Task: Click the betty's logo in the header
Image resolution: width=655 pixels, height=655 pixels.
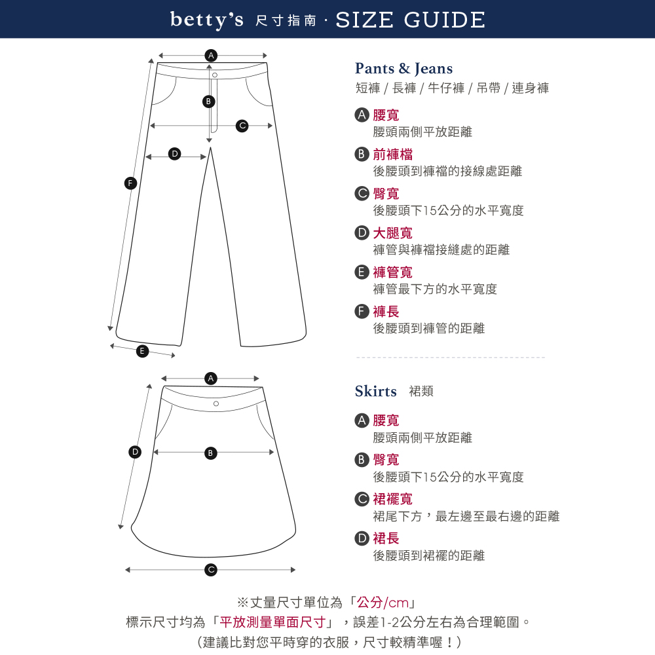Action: pyautogui.click(x=206, y=20)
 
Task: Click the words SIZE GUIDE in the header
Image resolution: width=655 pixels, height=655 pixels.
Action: pyautogui.click(x=410, y=20)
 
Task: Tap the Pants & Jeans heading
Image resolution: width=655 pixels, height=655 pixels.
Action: pyautogui.click(x=403, y=68)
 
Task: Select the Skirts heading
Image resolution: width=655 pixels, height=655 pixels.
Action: pyautogui.click(x=375, y=391)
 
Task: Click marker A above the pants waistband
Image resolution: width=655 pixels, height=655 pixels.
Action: pyautogui.click(x=211, y=55)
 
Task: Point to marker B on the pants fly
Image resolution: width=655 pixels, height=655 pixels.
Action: pyautogui.click(x=208, y=101)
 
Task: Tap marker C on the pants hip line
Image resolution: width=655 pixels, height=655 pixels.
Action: pyautogui.click(x=242, y=126)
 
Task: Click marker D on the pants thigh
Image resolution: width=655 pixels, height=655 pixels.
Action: pyautogui.click(x=175, y=154)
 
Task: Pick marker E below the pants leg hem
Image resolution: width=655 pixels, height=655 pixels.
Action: pyautogui.click(x=142, y=351)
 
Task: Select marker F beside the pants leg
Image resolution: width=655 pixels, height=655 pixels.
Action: pyautogui.click(x=131, y=183)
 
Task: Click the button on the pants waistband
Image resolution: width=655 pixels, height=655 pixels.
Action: pyautogui.click(x=215, y=75)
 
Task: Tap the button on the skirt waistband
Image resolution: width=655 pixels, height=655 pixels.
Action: pyautogui.click(x=216, y=403)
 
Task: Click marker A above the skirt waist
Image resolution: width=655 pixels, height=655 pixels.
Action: pyautogui.click(x=211, y=379)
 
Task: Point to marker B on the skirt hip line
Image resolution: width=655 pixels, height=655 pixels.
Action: pyautogui.click(x=210, y=453)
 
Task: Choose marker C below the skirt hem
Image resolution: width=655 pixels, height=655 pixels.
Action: pyautogui.click(x=211, y=570)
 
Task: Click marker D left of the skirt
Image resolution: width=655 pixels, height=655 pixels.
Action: pyautogui.click(x=135, y=451)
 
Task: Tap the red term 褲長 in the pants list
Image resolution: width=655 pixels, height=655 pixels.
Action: pyautogui.click(x=386, y=312)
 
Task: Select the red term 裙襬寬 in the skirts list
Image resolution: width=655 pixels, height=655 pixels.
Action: pyautogui.click(x=392, y=498)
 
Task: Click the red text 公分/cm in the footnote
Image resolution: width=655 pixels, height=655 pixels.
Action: pyautogui.click(x=383, y=603)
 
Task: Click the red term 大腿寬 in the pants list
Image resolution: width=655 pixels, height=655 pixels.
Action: pyautogui.click(x=392, y=233)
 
